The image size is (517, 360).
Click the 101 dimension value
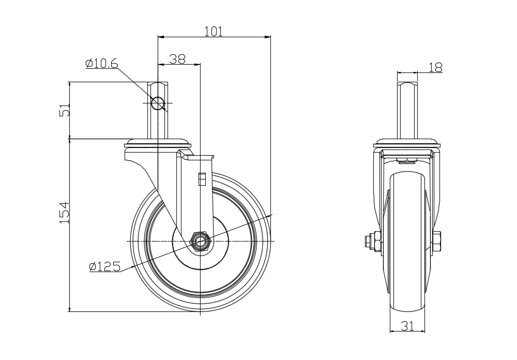214,32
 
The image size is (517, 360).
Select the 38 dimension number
177,59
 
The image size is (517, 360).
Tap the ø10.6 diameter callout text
101,63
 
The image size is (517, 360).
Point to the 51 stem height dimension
65,110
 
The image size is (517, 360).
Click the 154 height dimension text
65,213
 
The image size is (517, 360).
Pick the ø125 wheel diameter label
104,266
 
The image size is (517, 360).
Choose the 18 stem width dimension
435,67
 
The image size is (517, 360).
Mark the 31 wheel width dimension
407,326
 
